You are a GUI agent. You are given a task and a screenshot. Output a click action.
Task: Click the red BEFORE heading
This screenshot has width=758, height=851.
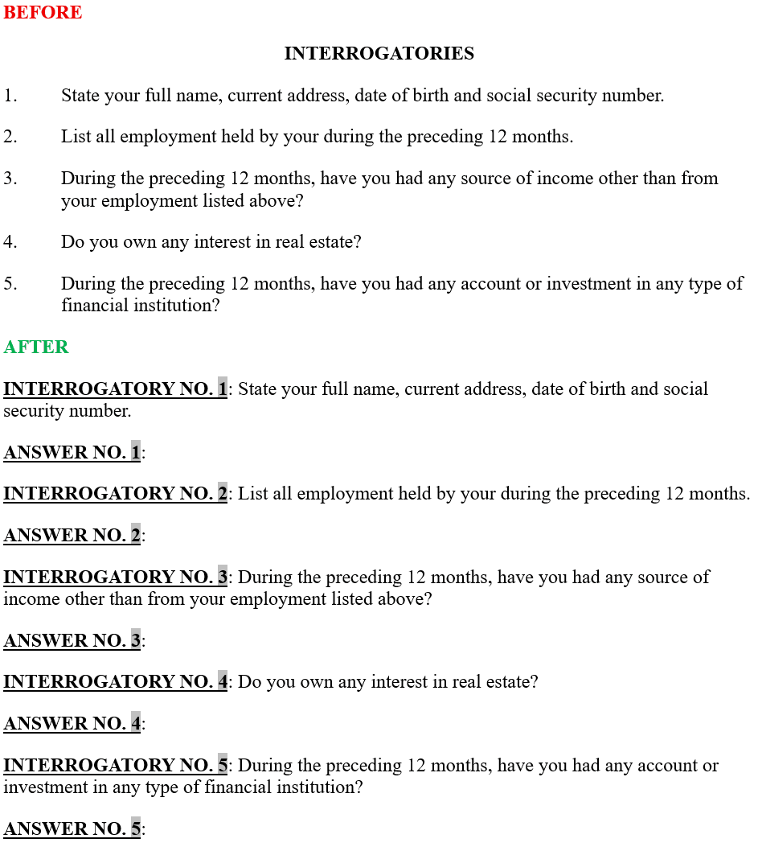coord(43,13)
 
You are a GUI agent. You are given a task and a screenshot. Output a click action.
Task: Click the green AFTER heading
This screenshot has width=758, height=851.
coord(36,347)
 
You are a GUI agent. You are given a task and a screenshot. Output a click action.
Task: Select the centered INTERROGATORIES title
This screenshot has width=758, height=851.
coord(379,54)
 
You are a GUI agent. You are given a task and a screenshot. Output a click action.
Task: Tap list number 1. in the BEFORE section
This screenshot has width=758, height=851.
coord(10,96)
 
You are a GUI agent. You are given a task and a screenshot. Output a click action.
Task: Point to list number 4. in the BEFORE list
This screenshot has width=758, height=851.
coord(10,241)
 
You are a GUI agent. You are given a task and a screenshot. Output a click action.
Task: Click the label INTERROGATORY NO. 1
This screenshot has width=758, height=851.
coord(115,389)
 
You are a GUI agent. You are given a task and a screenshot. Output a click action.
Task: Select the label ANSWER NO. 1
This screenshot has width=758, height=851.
coord(72,452)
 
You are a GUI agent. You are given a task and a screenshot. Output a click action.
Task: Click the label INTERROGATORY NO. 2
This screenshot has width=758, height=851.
coord(115,493)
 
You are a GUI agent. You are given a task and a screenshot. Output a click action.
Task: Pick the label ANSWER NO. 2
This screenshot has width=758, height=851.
coord(72,535)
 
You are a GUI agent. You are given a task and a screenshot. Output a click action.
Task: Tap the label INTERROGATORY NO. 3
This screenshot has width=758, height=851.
coord(115,578)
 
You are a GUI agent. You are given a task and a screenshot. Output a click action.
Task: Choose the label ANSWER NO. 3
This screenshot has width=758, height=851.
coord(72,640)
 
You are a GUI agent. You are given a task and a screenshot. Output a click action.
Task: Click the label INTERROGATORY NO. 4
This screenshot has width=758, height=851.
coord(115,682)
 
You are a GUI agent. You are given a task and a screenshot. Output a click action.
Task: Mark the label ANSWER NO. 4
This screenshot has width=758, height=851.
coord(72,724)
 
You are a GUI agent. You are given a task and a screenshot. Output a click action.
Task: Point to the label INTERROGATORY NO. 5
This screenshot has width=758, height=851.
coord(115,766)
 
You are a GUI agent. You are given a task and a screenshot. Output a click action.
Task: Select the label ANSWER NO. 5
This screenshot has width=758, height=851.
coord(72,828)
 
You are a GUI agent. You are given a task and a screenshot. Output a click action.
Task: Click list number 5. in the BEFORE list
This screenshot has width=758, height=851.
coord(10,284)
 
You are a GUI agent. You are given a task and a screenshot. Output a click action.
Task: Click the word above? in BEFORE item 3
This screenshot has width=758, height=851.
coord(275,200)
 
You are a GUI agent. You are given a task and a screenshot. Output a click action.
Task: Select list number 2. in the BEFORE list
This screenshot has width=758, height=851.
coord(10,137)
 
